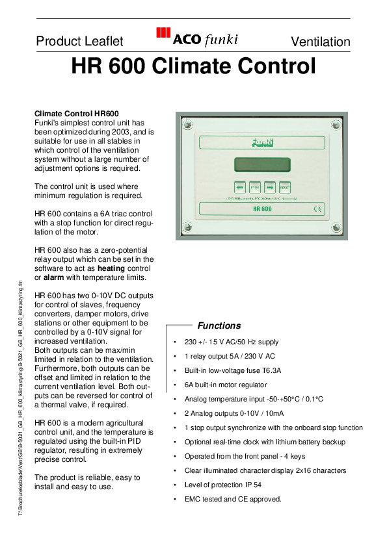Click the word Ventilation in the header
point(320,42)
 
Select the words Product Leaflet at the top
point(79,42)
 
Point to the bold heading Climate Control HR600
point(76,113)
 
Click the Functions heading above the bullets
point(219,325)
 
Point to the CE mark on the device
point(318,209)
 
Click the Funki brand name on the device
point(261,142)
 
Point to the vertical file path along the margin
point(21,397)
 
